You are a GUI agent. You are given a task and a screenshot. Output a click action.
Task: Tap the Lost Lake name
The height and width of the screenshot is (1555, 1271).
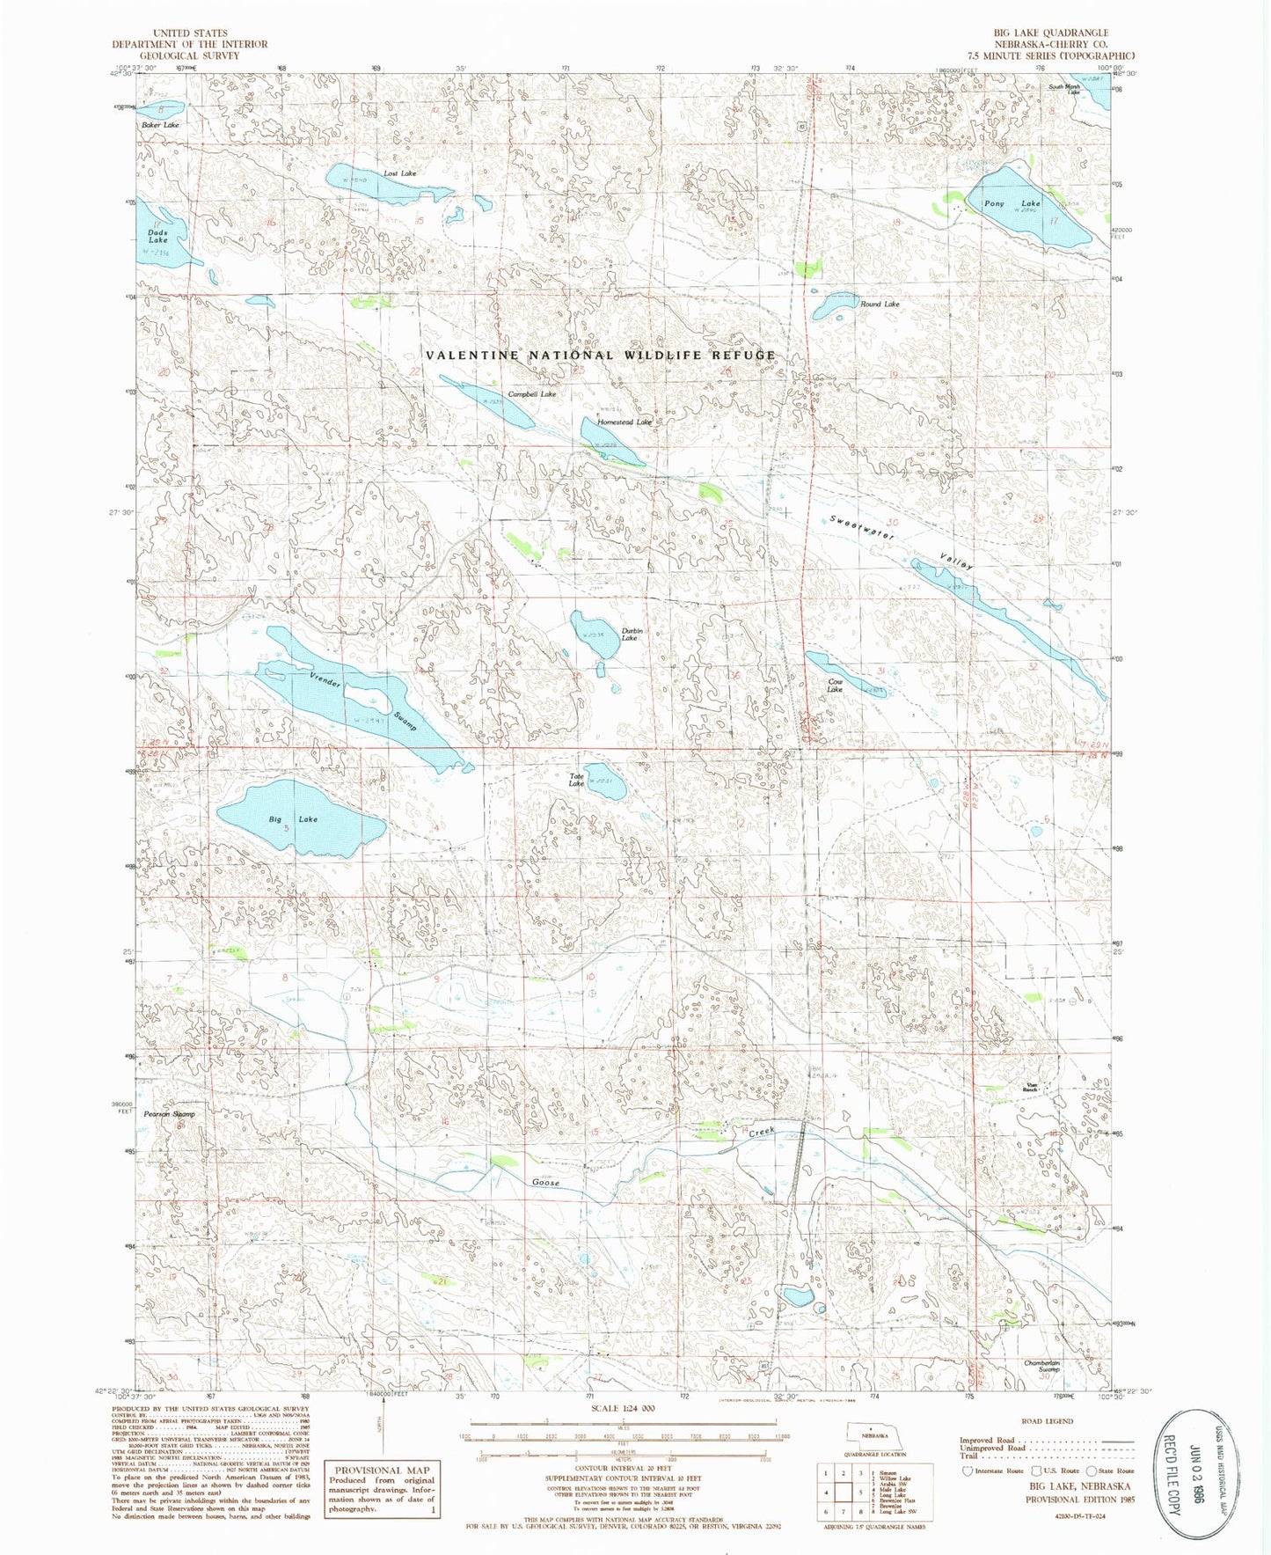[399, 173]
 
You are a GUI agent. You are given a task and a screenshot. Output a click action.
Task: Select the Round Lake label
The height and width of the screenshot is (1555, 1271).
[880, 304]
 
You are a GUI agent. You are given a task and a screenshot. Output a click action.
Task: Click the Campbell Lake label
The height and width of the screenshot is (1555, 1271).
[531, 394]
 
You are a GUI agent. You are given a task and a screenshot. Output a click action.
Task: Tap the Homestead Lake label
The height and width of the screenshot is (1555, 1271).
[625, 422]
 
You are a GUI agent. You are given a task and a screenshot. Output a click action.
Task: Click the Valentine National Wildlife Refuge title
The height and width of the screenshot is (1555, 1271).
[601, 356]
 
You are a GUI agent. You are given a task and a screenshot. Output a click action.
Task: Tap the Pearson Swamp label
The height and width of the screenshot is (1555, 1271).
[169, 1114]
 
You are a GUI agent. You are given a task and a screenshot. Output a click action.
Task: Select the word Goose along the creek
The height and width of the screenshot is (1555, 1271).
[545, 1183]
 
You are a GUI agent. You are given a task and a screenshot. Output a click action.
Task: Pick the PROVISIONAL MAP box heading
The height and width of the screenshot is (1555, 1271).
[380, 1471]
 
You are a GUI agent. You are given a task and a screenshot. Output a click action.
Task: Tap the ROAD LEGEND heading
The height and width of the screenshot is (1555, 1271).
[1046, 1421]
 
